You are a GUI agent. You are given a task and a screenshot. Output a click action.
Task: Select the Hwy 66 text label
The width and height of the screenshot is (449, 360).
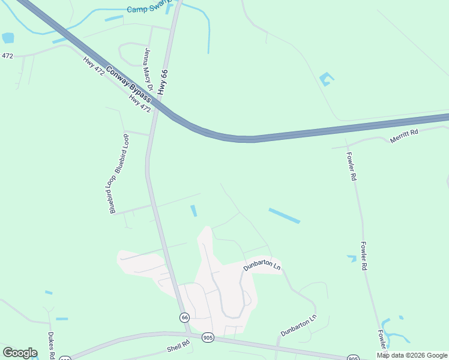163,82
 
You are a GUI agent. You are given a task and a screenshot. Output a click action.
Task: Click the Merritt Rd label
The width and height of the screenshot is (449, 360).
403,137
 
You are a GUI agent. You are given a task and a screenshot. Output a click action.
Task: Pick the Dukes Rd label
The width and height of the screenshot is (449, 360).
52,346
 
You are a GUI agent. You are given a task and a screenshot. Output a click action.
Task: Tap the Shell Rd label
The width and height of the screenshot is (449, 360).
178,346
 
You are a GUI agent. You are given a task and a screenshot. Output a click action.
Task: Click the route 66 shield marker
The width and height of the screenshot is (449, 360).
184,317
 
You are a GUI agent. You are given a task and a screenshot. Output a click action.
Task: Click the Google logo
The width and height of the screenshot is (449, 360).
20,353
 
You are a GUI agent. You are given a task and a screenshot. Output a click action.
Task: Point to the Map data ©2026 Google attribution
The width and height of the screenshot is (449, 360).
412,355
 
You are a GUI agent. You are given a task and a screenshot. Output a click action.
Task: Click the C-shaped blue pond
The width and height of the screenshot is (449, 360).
325,79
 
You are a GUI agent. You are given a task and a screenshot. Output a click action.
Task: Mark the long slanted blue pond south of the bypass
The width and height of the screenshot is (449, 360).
284,216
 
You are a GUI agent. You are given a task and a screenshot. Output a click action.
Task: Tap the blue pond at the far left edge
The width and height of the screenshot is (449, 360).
8,38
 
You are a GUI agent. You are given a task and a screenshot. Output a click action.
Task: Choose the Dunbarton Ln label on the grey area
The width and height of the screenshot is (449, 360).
262,266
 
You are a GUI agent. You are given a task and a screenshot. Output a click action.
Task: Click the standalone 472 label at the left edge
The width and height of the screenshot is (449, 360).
7,56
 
